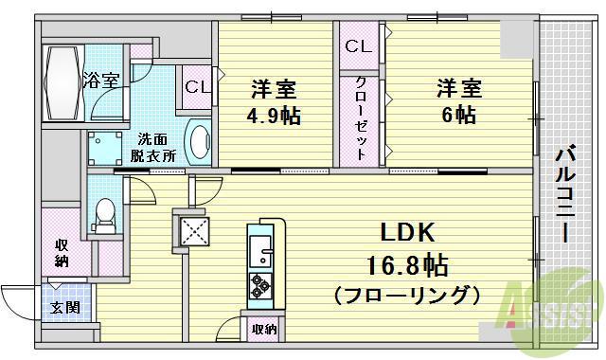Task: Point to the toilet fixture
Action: point(105,215)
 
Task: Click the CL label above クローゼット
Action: point(357,45)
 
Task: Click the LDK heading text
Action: point(408,232)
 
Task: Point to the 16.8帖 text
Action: point(408,264)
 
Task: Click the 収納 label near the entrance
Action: point(62,253)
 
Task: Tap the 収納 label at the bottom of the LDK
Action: point(263,329)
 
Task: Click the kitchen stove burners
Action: point(259,283)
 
